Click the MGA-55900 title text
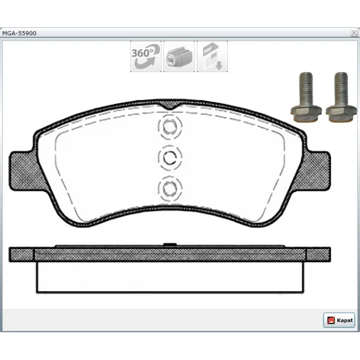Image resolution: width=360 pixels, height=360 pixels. (x=19, y=33)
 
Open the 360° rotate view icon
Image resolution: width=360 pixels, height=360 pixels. (x=146, y=57)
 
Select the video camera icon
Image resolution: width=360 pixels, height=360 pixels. (x=179, y=57)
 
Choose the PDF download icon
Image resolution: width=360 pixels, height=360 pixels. (x=212, y=57)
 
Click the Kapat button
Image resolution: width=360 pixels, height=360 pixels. (x=339, y=320)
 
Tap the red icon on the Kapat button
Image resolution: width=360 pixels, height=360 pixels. (x=331, y=320)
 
